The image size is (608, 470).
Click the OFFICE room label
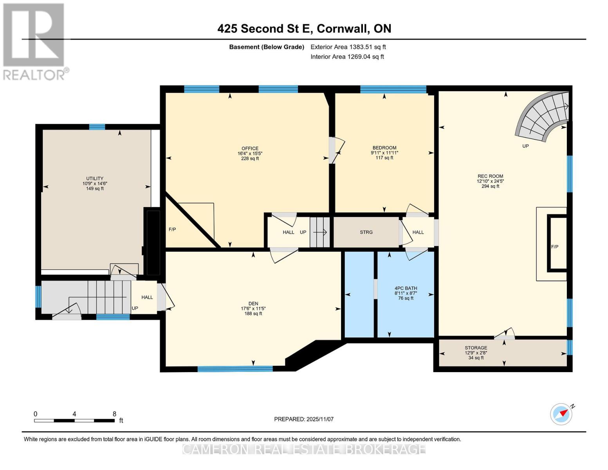click(250, 148)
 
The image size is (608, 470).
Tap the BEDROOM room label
click(384, 148)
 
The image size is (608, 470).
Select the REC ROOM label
click(490, 176)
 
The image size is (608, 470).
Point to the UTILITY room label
click(95, 179)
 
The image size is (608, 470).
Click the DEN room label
click(253, 304)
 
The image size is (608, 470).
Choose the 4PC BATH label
click(406, 288)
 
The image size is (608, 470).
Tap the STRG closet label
click(366, 232)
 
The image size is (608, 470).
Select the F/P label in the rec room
click(554, 247)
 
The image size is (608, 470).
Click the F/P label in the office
click(172, 230)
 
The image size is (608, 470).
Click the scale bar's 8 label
click(114, 414)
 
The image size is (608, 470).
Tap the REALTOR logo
click(34, 42)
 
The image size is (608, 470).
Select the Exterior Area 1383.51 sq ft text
click(348, 47)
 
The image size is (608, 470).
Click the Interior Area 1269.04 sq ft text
click(347, 57)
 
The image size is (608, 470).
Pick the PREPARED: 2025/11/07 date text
click(304, 419)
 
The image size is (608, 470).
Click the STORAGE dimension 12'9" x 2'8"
click(476, 352)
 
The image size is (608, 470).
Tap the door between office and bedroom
click(336, 150)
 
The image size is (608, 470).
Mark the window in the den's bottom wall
click(235, 369)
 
